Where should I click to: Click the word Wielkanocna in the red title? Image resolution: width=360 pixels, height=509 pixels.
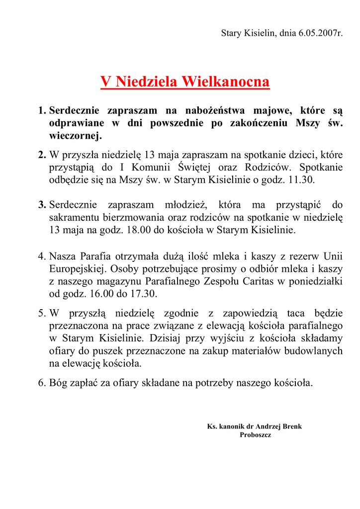(x=225, y=82)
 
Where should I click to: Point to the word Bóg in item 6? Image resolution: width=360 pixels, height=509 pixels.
(x=59, y=383)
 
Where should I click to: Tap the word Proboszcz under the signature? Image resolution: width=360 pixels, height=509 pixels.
(x=255, y=435)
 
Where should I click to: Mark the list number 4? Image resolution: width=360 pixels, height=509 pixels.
(x=42, y=256)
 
